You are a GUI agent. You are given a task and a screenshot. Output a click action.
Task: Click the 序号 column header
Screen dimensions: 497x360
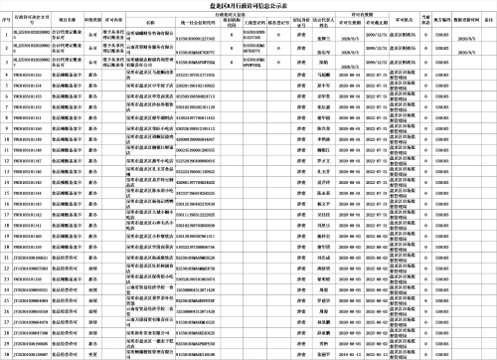pos(6,19)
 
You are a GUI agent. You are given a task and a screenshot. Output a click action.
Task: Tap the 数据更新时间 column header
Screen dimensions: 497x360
pos(468,19)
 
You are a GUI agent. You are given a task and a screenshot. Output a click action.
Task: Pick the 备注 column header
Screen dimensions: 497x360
pos(490,19)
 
